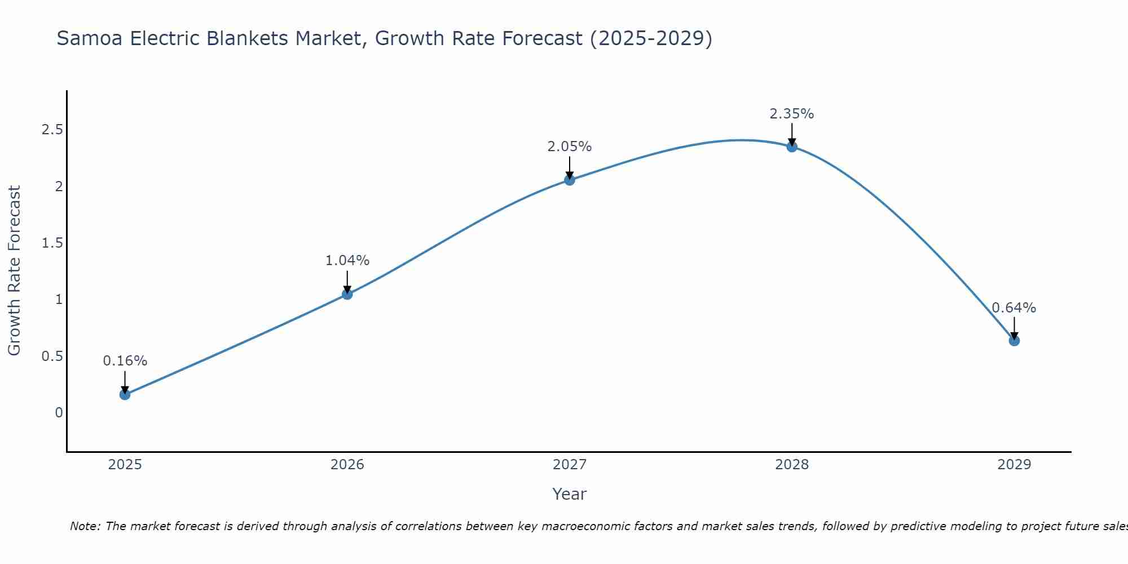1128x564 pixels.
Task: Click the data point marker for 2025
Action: (125, 394)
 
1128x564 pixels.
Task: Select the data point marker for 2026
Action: (347, 294)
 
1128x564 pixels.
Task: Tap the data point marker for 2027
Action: (570, 180)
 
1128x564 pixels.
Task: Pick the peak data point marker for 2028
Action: (792, 147)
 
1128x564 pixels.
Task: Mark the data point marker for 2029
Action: (1014, 341)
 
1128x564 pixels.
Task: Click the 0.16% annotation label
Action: (125, 361)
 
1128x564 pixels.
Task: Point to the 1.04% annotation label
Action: (347, 261)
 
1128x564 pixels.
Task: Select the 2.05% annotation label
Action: (570, 147)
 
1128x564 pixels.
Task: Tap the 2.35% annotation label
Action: (792, 114)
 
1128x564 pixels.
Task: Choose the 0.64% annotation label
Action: (1014, 308)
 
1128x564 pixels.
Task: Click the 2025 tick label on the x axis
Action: (125, 465)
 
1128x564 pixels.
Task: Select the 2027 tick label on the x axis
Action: (570, 465)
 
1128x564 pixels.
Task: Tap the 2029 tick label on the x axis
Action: (1014, 465)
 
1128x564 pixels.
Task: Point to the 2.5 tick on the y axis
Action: (52, 130)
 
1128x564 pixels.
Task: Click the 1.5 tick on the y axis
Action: (52, 243)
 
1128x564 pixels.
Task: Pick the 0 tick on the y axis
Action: (59, 413)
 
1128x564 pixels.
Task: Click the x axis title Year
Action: (570, 494)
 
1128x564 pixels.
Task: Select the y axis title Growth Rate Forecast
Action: (14, 271)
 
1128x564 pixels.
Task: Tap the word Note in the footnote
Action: (85, 526)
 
